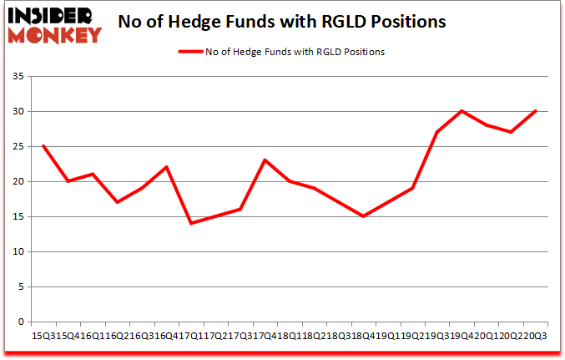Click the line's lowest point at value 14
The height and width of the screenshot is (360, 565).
coord(191,223)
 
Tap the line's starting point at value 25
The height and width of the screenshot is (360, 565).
coord(43,146)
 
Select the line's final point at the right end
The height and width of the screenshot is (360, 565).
coord(535,111)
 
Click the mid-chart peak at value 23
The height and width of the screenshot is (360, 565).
coord(265,160)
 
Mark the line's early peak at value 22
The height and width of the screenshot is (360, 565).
coord(166,167)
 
